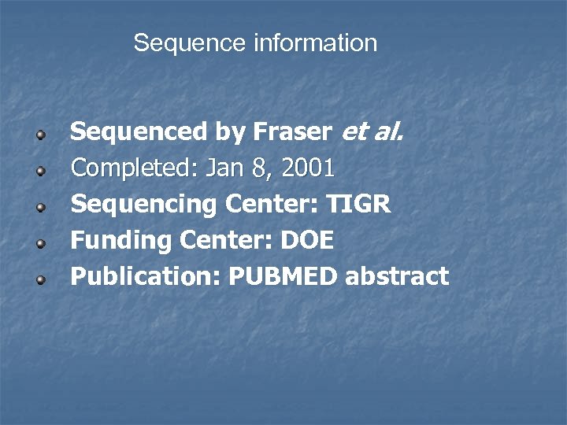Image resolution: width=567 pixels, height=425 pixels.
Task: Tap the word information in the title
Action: point(315,42)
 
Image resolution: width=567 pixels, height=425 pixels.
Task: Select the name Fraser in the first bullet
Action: point(292,132)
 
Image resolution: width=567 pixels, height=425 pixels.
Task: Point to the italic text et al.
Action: point(372,132)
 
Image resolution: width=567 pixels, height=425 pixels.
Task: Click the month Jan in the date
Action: point(225,168)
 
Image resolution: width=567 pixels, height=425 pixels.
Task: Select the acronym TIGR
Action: point(358,205)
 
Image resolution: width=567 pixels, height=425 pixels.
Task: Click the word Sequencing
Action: point(144,205)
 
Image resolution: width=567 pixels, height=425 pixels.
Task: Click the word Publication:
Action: point(144,277)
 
